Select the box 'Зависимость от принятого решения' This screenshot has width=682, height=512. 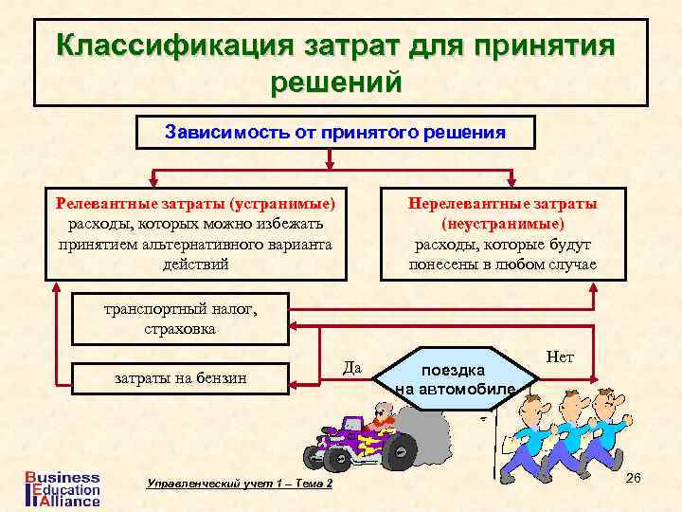(x=336, y=133)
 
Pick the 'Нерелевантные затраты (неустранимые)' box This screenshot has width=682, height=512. (x=502, y=233)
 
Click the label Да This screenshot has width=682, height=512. (x=351, y=367)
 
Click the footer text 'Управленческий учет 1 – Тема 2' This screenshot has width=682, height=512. (x=241, y=484)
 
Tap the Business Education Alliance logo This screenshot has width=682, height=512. (x=60, y=487)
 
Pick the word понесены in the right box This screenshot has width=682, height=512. (x=445, y=264)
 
